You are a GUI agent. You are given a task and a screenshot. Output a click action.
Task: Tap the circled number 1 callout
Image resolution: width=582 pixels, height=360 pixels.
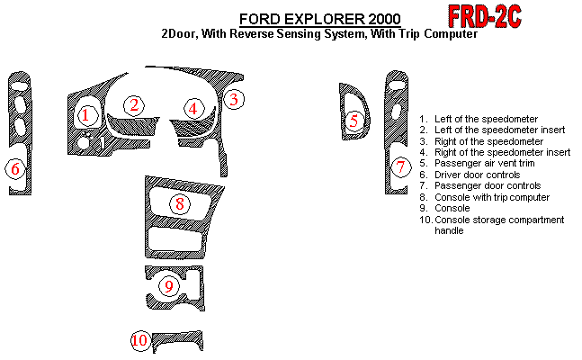(85, 115)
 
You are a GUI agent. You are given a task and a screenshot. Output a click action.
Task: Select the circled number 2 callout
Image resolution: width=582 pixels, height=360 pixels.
(134, 105)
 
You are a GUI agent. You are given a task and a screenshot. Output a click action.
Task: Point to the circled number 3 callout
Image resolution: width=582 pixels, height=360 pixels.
(232, 99)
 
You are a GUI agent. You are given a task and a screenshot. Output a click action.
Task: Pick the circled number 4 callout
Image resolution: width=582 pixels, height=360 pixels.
(193, 108)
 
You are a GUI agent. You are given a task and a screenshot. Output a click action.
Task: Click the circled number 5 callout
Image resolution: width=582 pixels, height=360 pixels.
(354, 120)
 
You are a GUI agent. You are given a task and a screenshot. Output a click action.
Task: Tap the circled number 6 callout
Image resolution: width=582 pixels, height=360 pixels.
(14, 167)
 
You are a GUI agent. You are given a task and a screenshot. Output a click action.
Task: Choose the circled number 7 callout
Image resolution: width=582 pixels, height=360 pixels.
(401, 166)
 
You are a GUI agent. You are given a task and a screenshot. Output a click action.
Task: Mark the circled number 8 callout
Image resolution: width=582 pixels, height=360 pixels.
(180, 203)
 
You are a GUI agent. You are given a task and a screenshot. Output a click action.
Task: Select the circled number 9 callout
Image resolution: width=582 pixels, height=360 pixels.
(168, 286)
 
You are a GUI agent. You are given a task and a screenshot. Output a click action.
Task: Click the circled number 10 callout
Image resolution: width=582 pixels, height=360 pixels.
(139, 340)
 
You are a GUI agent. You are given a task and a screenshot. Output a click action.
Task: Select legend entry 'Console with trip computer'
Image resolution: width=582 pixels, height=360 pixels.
(491, 197)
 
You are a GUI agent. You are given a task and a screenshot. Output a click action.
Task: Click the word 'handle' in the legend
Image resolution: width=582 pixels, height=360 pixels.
(449, 231)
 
